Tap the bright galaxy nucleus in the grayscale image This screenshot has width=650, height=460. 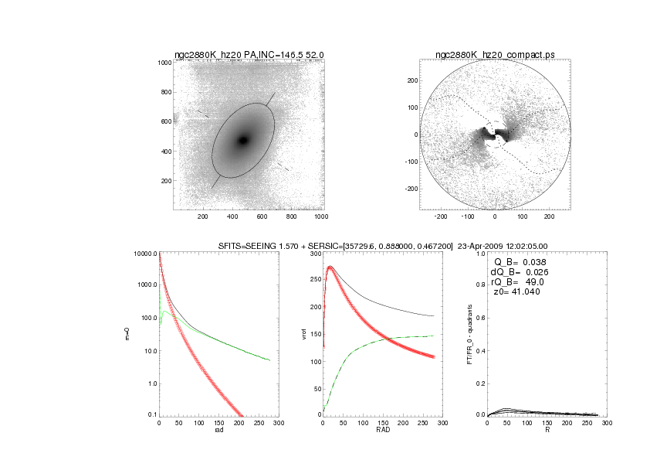point(243,140)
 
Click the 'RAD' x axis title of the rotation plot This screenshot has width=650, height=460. point(383,431)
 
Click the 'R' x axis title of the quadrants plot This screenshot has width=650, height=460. point(547,431)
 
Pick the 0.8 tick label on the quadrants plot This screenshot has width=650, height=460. point(479,287)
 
